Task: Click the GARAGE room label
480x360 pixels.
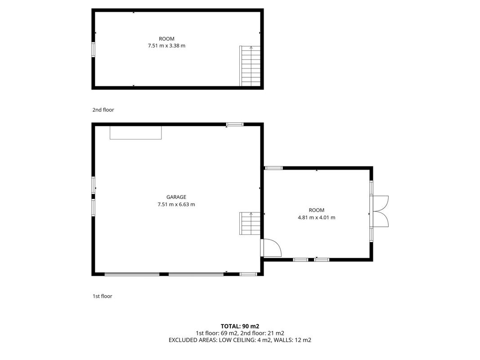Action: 176,197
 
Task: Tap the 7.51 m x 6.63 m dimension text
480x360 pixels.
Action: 176,204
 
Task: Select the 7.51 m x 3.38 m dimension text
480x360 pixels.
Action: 166,46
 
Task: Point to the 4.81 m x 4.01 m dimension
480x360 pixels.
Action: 317,218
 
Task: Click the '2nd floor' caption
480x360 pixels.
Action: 103,110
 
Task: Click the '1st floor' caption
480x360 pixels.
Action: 102,296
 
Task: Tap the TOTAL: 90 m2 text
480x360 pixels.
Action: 240,326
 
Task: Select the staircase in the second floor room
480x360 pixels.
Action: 250,66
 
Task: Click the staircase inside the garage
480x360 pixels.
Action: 250,224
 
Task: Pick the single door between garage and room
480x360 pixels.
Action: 271,247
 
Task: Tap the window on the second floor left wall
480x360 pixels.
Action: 94,49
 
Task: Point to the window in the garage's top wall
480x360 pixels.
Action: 235,124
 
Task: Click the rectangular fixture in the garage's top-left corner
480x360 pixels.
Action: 135,133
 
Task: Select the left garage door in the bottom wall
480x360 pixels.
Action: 132,274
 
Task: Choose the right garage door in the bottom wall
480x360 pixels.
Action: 196,274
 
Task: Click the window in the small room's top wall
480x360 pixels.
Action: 274,168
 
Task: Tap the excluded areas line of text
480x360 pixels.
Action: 240,340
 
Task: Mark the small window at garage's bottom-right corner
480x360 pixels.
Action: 248,274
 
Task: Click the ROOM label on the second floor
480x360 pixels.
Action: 166,39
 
